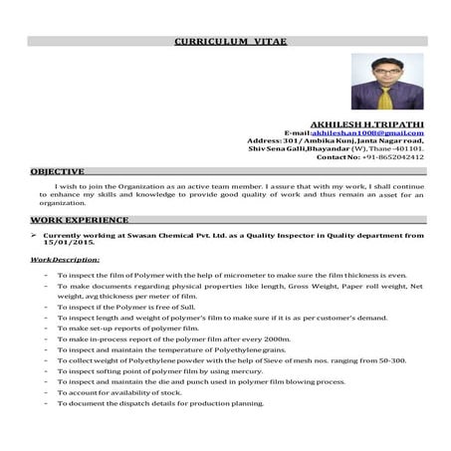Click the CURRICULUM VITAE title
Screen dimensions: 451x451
[225, 44]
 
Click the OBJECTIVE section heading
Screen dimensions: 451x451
[57, 171]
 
